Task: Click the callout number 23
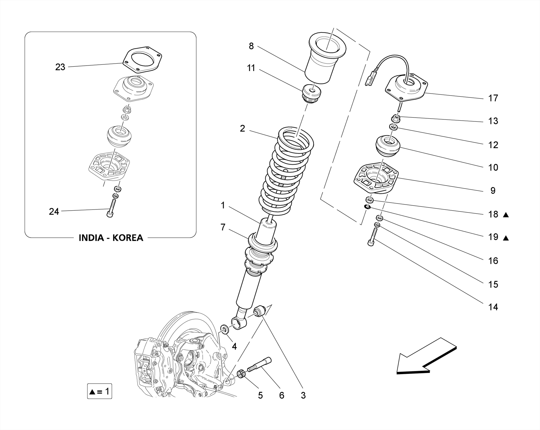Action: pos(60,67)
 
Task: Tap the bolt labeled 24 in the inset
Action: pos(111,208)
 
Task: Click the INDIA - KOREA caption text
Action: pos(111,238)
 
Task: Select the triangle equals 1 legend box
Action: pos(100,391)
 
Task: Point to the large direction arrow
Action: pos(425,358)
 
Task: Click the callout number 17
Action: pos(493,98)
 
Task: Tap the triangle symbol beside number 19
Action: pos(505,238)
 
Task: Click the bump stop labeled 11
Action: pos(311,94)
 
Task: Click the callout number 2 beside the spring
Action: pos(242,128)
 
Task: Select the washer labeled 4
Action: pos(225,329)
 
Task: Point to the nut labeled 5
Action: pos(242,374)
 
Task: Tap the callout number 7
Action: pos(223,227)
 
